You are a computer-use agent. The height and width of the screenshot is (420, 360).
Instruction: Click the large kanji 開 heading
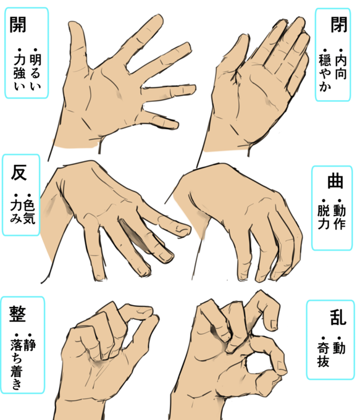(x=18, y=25)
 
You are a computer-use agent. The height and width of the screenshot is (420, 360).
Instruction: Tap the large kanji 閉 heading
(x=339, y=25)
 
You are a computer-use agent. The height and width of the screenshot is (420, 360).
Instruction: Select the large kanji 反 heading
(x=19, y=172)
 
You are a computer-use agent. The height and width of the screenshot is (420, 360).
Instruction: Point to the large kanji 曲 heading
(x=335, y=182)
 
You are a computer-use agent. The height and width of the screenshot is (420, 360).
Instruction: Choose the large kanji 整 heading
(x=18, y=314)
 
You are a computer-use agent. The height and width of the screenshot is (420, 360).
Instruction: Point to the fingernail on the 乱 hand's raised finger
(x=274, y=325)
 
